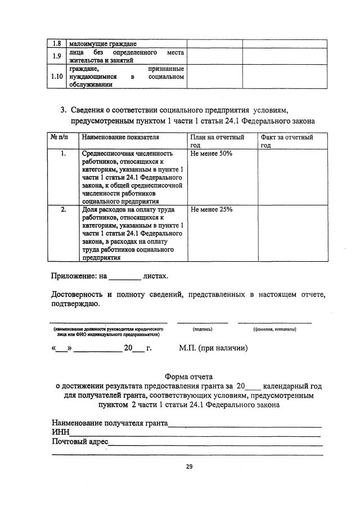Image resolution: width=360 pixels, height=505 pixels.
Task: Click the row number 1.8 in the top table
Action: pos(56,43)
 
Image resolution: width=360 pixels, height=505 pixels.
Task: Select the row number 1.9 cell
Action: pos(56,56)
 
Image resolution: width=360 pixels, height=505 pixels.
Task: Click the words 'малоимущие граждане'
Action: pos(103,43)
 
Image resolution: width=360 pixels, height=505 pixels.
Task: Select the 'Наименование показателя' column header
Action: pos(120,137)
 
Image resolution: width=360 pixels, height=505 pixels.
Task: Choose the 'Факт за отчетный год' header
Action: pos(286,141)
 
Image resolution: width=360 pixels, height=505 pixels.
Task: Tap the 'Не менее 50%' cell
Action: pos(211,153)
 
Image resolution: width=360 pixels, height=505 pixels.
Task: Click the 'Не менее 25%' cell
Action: pos(211,209)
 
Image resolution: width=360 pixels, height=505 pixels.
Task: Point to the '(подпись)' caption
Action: pos(202,328)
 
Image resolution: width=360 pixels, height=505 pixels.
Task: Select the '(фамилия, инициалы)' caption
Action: pos(274,328)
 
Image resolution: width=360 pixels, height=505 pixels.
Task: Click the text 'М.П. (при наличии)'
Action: pos(213,348)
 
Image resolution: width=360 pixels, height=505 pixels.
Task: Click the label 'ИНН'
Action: pos(60,432)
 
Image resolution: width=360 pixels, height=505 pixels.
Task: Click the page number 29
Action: pos(189,467)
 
